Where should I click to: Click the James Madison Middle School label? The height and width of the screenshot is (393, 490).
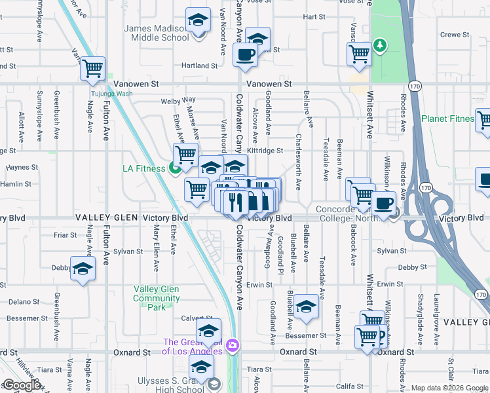pos(157,33)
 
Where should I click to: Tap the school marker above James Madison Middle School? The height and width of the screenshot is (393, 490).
pos(197,21)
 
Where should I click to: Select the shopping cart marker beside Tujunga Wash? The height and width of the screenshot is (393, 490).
pos(93,67)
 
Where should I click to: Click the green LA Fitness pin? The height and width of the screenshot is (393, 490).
pos(175,168)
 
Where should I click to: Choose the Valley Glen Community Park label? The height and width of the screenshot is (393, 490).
pos(156,298)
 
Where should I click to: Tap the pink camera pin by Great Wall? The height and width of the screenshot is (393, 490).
pos(231,345)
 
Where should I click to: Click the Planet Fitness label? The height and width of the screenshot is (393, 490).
pos(447,119)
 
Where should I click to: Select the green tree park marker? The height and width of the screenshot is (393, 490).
pos(379,45)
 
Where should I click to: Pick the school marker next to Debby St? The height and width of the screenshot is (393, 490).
pos(83,269)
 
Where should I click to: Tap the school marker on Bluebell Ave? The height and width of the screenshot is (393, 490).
pos(305,307)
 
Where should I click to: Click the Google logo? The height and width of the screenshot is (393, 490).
pos(22,385)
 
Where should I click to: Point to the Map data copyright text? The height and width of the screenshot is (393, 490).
pos(449,388)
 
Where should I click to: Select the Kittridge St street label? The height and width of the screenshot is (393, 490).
pos(265,151)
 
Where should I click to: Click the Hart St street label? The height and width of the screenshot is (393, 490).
pos(314,16)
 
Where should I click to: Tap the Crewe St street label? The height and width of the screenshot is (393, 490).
pos(455,35)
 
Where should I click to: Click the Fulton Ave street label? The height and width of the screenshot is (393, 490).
pos(107,121)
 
